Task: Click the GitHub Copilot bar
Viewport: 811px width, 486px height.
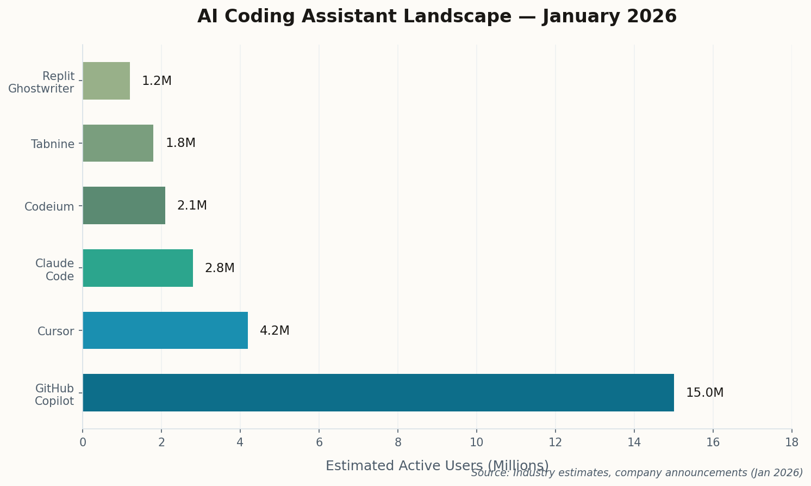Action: [378, 392]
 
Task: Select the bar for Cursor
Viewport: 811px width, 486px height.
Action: [165, 330]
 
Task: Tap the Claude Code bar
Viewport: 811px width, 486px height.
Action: [138, 268]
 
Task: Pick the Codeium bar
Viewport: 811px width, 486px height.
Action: [124, 205]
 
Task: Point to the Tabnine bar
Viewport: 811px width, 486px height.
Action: [118, 143]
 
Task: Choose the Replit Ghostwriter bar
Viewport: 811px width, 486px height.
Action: [106, 81]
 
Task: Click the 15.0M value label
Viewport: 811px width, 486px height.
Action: [704, 393]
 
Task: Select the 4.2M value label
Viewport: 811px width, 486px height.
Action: [275, 331]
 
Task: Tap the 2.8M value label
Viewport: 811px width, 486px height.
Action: [220, 268]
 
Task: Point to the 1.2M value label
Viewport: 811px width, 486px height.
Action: [157, 81]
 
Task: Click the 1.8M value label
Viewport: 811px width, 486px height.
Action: [180, 143]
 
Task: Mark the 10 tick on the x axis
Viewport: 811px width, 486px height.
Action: [477, 442]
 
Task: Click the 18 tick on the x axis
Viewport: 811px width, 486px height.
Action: [791, 442]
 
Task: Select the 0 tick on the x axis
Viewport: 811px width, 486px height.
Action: [83, 442]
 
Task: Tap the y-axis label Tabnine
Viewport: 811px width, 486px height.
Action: [53, 144]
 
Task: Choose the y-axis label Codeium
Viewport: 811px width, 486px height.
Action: [49, 207]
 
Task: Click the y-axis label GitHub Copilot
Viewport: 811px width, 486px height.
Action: [54, 395]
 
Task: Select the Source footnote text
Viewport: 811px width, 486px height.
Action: [637, 473]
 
